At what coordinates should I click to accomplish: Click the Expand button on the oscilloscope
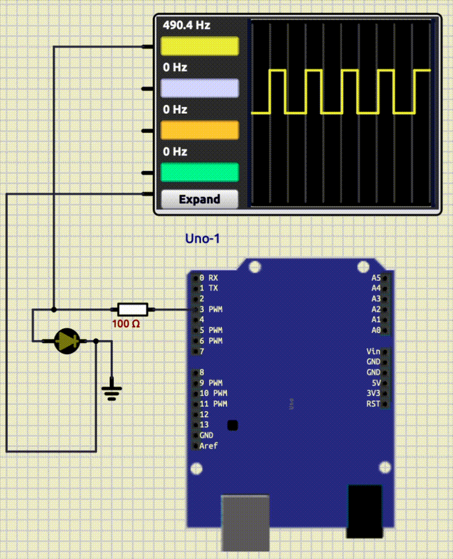[199, 199]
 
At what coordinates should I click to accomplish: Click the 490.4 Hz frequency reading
[186, 25]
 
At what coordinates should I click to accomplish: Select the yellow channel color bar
[199, 46]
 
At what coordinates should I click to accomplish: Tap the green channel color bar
[199, 172]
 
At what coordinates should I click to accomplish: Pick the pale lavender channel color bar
[199, 88]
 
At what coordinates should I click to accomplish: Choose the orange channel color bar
[199, 130]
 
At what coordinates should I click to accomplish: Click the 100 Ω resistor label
[126, 324]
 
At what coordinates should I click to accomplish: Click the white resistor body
[133, 309]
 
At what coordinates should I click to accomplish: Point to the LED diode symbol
[66, 341]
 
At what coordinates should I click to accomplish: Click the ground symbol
[112, 391]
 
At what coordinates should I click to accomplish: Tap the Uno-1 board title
[202, 239]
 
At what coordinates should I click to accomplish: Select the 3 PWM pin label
[211, 309]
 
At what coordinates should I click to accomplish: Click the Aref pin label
[208, 446]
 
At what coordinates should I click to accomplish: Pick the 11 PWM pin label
[213, 404]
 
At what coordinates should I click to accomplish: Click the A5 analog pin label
[376, 278]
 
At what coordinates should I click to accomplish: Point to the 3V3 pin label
[373, 393]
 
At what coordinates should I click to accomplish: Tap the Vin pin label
[373, 352]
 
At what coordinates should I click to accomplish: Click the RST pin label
[373, 404]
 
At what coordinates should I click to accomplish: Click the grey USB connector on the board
[245, 522]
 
